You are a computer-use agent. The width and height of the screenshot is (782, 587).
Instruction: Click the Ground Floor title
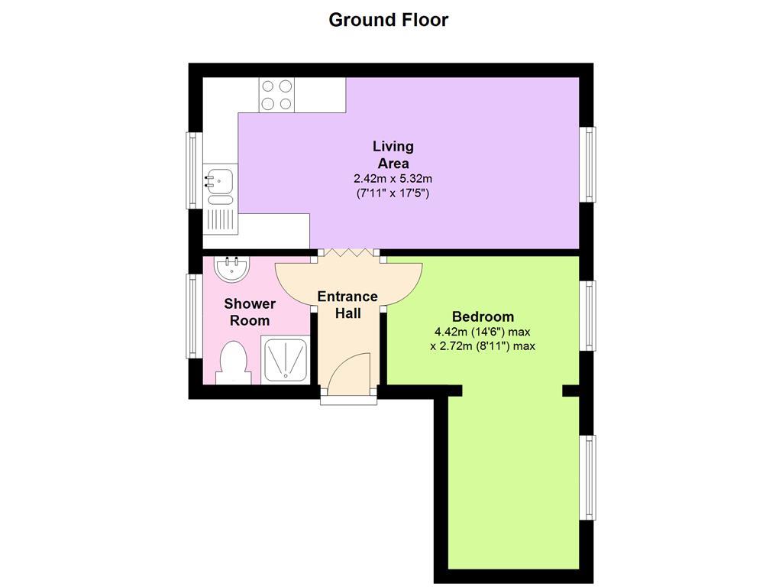click(x=389, y=20)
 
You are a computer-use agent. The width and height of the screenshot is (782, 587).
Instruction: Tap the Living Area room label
click(x=393, y=154)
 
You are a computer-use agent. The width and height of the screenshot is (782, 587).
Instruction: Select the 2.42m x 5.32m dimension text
click(x=393, y=178)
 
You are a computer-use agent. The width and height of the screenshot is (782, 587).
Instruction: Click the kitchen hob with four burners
click(x=276, y=94)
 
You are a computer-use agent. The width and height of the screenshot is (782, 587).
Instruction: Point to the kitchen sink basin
click(x=220, y=179)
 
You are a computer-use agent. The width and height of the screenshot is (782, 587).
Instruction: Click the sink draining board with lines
click(x=221, y=221)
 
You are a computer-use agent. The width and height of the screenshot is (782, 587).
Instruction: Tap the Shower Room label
click(x=250, y=312)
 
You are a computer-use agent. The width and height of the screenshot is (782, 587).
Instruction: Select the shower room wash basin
click(x=232, y=270)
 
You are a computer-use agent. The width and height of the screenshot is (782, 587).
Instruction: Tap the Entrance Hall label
click(x=347, y=305)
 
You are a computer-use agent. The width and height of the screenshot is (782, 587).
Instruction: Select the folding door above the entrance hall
click(x=348, y=253)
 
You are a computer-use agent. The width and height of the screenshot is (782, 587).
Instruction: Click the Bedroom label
click(x=483, y=316)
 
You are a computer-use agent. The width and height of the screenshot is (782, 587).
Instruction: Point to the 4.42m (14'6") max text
click(x=483, y=332)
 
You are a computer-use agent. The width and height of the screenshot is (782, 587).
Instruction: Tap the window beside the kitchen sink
click(x=193, y=170)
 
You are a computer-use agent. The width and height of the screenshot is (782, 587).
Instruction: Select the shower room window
click(x=192, y=316)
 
